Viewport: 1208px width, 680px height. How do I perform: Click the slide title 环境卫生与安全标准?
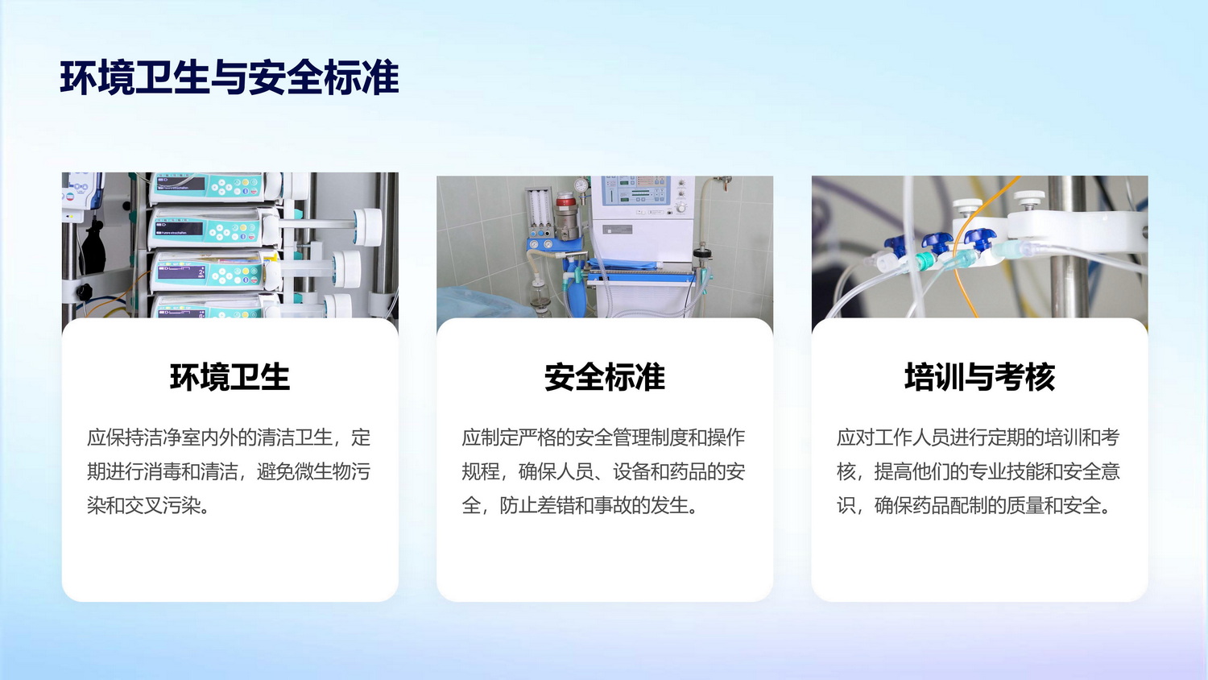[230, 77]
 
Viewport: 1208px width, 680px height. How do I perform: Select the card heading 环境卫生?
[230, 377]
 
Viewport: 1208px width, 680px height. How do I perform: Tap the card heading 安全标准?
[605, 377]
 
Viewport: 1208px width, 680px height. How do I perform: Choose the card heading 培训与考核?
[979, 377]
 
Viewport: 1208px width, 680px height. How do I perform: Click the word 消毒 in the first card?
[163, 471]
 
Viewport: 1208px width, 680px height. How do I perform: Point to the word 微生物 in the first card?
[322, 471]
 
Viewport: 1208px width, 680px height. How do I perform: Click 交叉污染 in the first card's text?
[163, 506]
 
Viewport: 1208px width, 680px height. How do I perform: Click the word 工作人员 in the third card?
[912, 437]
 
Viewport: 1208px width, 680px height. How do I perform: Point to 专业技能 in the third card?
[1007, 471]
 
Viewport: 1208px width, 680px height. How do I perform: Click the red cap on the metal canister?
[565, 201]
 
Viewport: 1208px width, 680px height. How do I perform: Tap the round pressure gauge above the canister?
[581, 185]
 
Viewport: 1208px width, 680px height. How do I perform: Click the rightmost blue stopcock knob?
[978, 239]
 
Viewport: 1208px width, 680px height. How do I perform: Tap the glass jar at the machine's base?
[540, 296]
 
